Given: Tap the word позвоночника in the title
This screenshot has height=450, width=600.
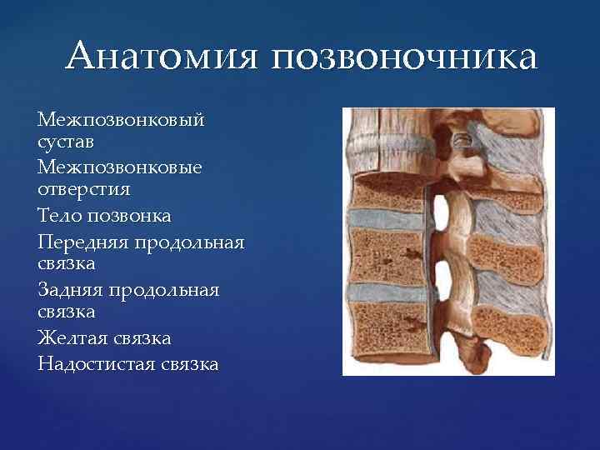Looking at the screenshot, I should coord(404,58).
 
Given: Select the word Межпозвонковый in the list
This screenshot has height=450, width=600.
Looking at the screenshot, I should coord(121,120).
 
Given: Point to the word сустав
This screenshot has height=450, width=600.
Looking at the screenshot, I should coord(72,143).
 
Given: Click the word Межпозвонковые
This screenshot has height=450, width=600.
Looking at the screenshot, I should coord(120,167).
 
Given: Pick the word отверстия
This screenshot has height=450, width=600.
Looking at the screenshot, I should coord(84,191).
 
